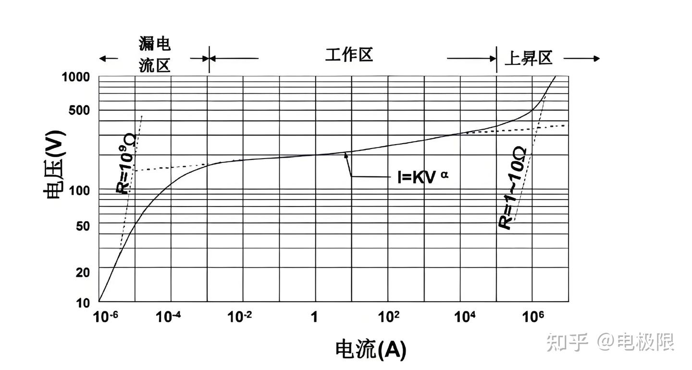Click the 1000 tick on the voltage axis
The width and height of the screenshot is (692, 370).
pos(76,76)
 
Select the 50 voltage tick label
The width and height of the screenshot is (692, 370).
pos(83,225)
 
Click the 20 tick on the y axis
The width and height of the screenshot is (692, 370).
pos(83,272)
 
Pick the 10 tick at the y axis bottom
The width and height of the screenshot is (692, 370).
pos(83,303)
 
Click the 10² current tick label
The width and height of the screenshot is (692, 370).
pos(389,317)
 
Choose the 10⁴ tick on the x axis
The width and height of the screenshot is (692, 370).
pos(465,317)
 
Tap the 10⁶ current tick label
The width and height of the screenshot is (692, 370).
pos(533,317)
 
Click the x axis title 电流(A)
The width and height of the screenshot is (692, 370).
pos(371,349)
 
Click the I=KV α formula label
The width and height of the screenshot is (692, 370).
pos(423,177)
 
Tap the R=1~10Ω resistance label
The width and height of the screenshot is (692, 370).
pos(513,189)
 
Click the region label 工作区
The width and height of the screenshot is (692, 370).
pos(349,55)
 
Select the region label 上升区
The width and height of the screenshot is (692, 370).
pos(528,58)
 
